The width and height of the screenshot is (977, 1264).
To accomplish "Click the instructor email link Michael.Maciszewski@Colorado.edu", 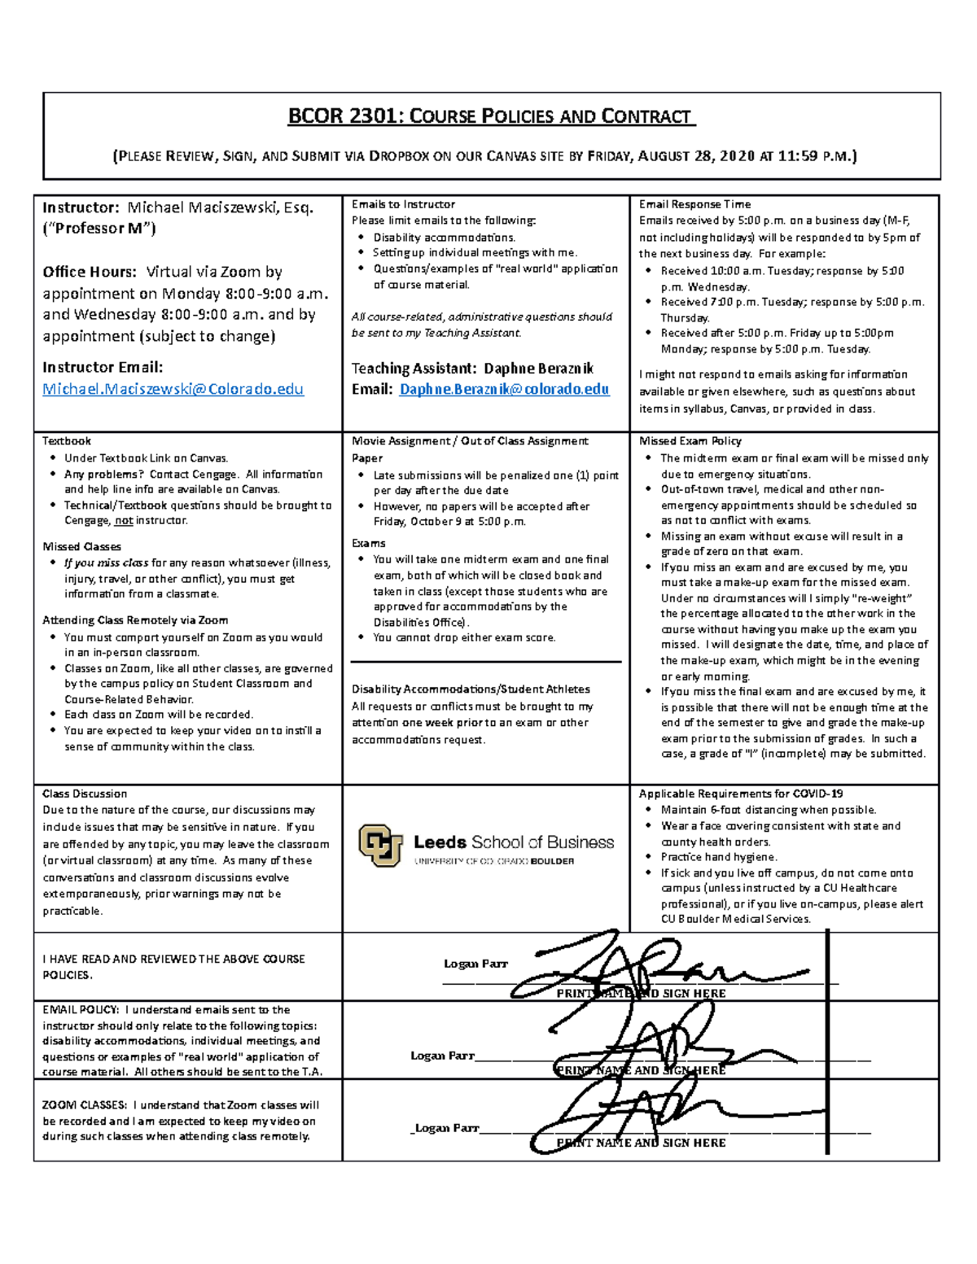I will [173, 389].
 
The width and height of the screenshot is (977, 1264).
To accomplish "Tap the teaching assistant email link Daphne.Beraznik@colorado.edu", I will [504, 389].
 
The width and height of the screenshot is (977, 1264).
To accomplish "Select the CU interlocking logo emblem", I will [380, 846].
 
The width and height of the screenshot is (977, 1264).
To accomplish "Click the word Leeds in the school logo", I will [440, 842].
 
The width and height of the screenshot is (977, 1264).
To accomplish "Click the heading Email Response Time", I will [694, 204].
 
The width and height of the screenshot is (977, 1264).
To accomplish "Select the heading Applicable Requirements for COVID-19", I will [741, 794].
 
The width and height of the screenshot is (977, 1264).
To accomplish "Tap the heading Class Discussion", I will [85, 794].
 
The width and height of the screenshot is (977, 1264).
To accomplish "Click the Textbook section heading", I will [67, 440].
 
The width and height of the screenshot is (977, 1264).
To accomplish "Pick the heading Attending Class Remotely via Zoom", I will [135, 620].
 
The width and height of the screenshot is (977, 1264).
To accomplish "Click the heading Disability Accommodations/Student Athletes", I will [471, 689].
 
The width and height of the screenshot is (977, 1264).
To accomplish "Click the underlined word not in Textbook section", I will [123, 521].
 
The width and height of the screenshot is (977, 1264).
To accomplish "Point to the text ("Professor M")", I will [99, 228].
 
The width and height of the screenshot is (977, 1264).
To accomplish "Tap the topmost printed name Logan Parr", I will [475, 964].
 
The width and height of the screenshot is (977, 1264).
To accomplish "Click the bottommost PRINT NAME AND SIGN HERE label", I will [641, 1143].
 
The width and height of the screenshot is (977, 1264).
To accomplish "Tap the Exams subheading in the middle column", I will [369, 543].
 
